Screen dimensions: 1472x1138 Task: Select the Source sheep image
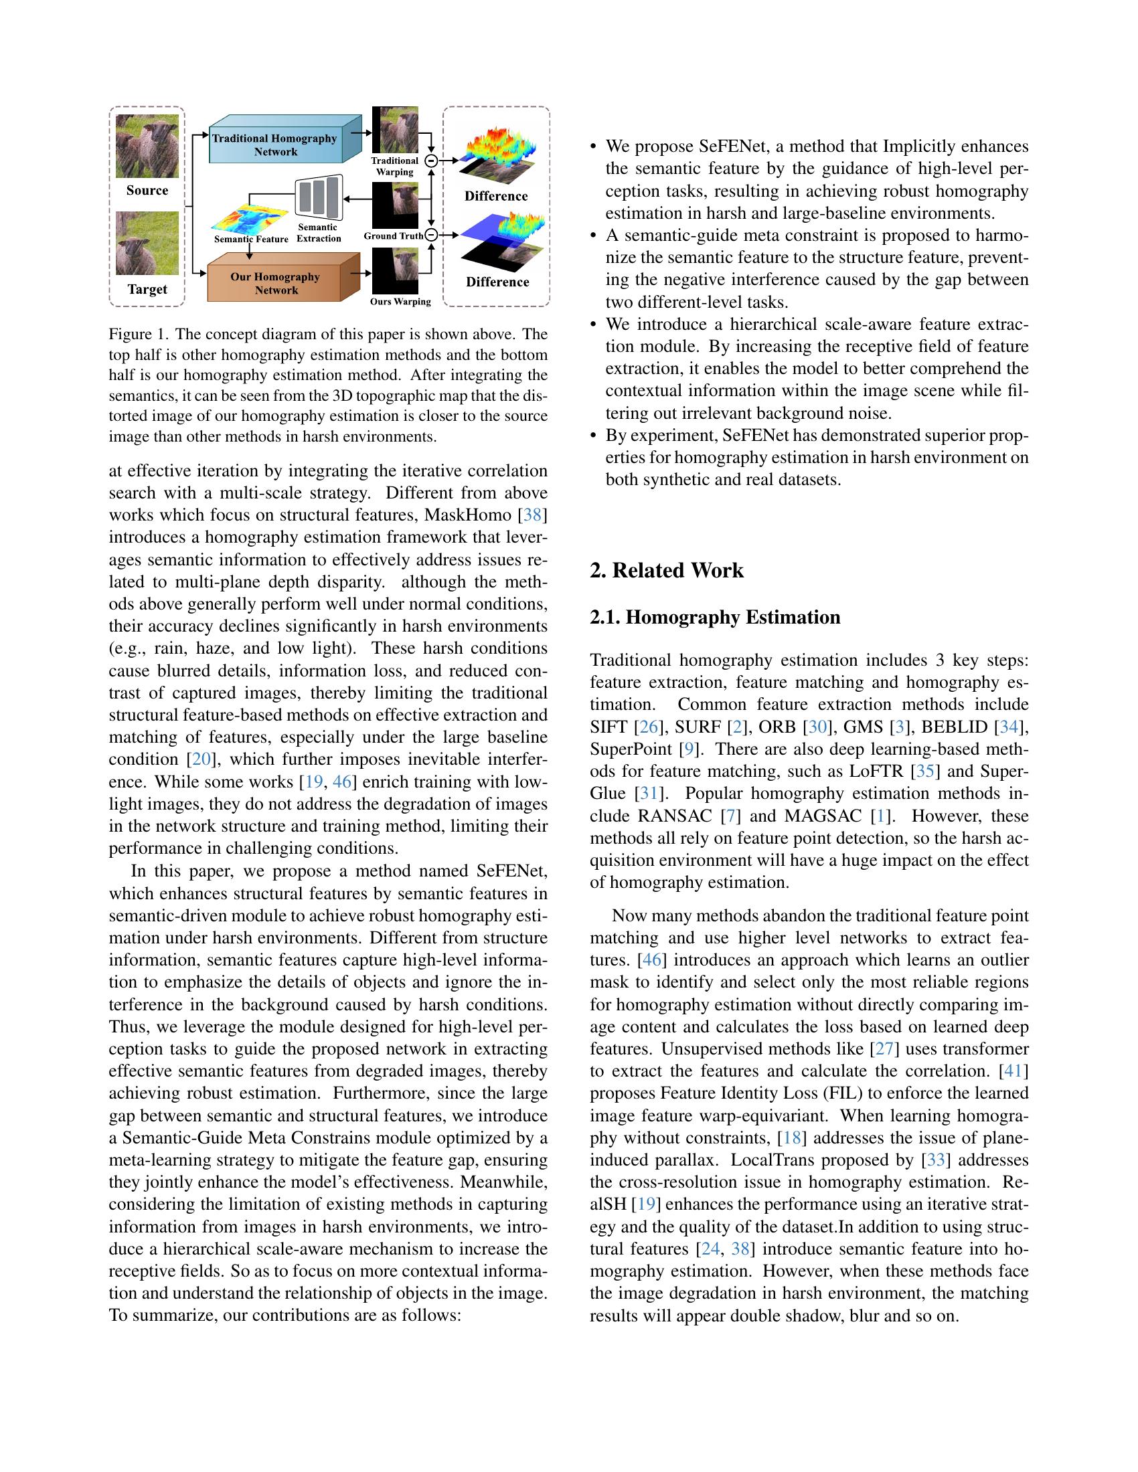(147, 146)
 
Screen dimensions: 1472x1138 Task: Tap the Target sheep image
(147, 244)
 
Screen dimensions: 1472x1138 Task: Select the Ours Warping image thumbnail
(395, 271)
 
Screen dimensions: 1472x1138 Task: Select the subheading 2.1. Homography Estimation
(715, 618)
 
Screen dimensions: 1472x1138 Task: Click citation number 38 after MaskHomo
(532, 516)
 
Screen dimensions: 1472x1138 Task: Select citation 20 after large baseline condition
(201, 759)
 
